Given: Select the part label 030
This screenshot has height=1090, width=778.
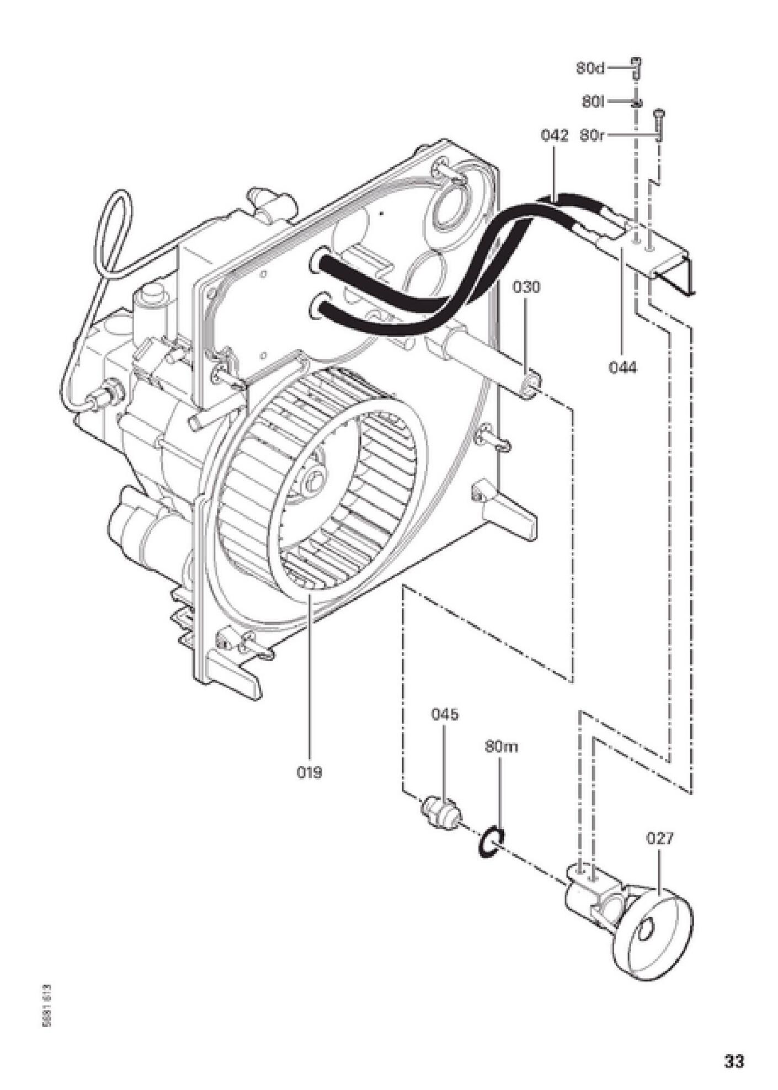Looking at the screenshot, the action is (x=526, y=287).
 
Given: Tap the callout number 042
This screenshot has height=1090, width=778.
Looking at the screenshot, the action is (x=554, y=136).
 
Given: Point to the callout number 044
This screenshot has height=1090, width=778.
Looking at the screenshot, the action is (x=622, y=367).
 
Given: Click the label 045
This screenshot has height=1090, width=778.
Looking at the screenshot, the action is (x=445, y=714).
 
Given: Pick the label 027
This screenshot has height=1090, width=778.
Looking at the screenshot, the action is (x=660, y=838).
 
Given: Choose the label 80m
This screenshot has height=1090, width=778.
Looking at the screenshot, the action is (x=502, y=747).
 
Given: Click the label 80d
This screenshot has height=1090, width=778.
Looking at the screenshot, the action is (x=590, y=68).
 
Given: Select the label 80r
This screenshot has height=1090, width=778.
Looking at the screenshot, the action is (x=593, y=136).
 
